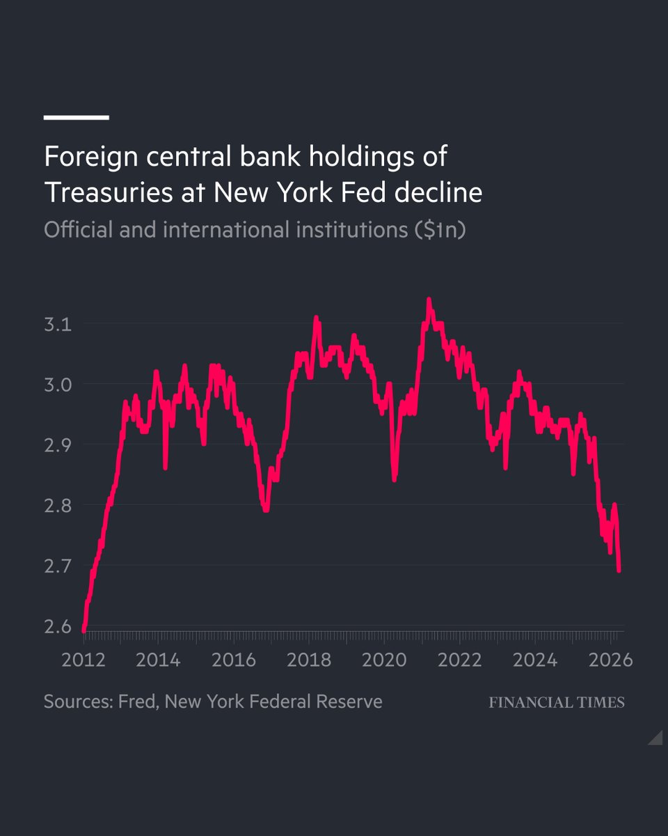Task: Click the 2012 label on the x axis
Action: pos(83,660)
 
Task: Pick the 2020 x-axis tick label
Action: pos(384,660)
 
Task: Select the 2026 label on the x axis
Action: pos(610,660)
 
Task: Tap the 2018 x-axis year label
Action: pos(309,660)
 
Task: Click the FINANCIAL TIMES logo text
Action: pos(556,702)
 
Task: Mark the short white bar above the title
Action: pos(77,118)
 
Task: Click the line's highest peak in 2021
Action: pos(429,300)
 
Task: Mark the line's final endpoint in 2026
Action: pos(619,571)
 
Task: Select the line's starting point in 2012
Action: pos(83,630)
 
